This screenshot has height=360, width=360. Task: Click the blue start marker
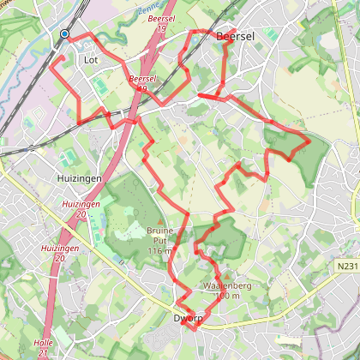click(x=65, y=34)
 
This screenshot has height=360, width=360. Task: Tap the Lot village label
click(x=92, y=61)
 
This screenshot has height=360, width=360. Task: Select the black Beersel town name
click(x=236, y=38)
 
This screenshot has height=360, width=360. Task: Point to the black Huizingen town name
click(x=80, y=178)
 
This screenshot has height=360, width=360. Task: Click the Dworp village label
click(x=188, y=316)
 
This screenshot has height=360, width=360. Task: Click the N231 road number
click(x=346, y=267)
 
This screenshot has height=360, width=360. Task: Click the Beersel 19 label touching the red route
click(x=142, y=83)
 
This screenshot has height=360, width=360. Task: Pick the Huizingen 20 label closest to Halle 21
click(x=54, y=252)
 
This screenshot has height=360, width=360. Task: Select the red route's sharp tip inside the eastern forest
click(x=309, y=140)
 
